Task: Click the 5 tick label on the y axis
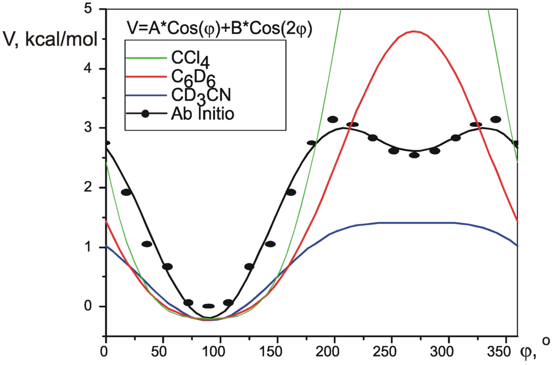pos(87,9)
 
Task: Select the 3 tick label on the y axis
pos(87,128)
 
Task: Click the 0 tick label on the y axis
pos(87,306)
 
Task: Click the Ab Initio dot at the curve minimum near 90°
pos(208,306)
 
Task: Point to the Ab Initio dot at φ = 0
pos(107,143)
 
